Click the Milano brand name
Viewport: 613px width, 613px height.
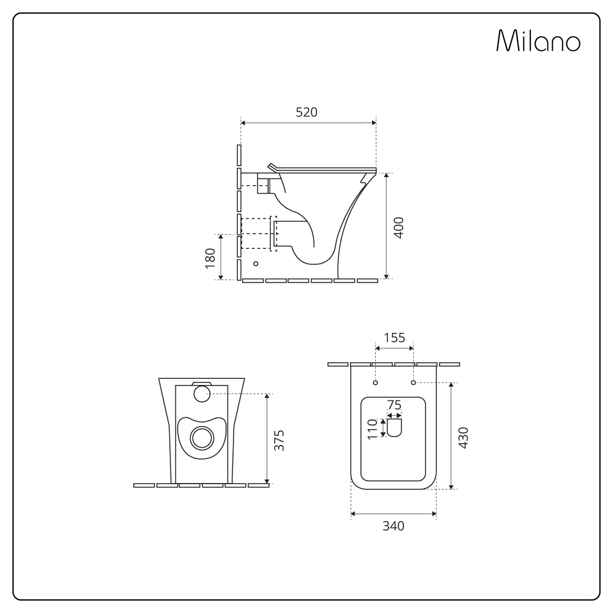(x=538, y=40)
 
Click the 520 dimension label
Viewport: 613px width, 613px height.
(x=306, y=112)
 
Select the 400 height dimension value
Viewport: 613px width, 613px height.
(x=398, y=227)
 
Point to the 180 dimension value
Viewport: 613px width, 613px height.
(x=210, y=258)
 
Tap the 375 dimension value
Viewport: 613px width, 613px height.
(x=279, y=441)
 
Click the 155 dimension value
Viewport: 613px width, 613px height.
(x=394, y=337)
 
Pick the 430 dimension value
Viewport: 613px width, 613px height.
(x=463, y=438)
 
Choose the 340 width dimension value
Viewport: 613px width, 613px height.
(x=394, y=526)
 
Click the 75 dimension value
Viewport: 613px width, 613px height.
(x=394, y=405)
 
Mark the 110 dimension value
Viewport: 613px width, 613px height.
(x=373, y=429)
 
